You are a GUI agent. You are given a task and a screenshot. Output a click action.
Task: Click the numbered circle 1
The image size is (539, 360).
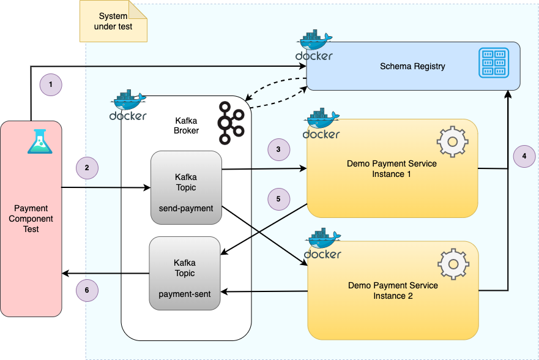51,84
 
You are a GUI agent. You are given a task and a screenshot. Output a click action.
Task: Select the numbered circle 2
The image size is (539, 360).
87,168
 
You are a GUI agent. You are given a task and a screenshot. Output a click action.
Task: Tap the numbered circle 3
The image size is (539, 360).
279,149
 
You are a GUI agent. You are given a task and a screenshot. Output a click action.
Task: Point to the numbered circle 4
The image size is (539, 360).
524,156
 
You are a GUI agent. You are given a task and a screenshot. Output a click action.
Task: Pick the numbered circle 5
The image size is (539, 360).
279,199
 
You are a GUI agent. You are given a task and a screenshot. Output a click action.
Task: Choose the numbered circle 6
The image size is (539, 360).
87,290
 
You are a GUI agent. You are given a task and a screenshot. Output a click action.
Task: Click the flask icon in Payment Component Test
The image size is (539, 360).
40,141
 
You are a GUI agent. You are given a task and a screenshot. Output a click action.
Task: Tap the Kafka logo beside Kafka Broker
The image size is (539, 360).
231,122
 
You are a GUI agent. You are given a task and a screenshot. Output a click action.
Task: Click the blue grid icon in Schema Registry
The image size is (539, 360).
494,62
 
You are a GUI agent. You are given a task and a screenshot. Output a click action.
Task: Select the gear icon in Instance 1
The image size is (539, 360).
452,141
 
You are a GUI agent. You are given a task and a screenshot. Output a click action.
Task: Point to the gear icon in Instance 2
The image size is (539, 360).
453,264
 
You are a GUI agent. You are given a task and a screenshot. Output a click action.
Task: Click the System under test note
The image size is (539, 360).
113,21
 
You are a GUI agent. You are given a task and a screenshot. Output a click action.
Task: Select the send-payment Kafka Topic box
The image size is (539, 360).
187,187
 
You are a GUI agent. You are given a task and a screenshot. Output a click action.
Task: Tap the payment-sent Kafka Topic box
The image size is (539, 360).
185,273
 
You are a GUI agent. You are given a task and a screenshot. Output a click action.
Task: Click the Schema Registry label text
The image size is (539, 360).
412,66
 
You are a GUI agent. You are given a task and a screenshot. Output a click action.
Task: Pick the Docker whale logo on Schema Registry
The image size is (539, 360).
314,45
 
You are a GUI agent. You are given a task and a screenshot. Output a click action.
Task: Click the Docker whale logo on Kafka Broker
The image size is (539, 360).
128,105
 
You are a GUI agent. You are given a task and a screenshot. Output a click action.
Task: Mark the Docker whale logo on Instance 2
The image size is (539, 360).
323,244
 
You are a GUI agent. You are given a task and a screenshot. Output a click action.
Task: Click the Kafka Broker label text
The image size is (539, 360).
186,126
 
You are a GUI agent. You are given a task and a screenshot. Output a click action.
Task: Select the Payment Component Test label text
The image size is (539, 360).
31,219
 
